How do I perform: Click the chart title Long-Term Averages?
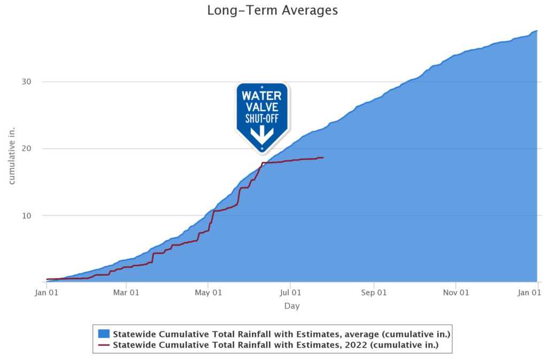click(273, 10)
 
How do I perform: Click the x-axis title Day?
click(292, 307)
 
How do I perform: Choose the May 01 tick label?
click(209, 293)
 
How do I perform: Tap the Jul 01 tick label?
click(290, 293)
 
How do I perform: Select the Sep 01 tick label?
click(374, 293)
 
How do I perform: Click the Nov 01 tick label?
click(457, 293)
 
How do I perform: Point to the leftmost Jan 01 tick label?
click(47, 293)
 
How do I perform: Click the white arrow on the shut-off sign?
click(262, 135)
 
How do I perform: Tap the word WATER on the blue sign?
click(261, 96)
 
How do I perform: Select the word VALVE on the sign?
click(261, 108)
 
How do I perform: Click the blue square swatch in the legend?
click(104, 334)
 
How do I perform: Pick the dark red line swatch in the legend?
click(104, 345)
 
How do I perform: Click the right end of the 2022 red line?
click(323, 157)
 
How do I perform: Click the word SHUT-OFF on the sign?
click(261, 118)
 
